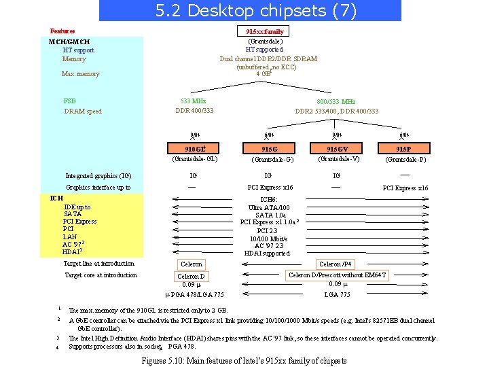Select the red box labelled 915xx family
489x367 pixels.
click(265, 31)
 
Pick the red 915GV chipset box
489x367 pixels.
click(338, 149)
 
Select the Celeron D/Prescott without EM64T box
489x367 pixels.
click(337, 275)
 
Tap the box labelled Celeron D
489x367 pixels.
click(191, 277)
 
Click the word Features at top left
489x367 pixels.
click(62, 31)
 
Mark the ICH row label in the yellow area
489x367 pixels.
click(57, 198)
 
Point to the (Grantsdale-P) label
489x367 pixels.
click(405, 160)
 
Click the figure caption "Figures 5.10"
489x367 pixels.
click(243, 360)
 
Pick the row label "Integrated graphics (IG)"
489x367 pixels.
click(98, 175)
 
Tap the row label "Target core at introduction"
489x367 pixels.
click(100, 275)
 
